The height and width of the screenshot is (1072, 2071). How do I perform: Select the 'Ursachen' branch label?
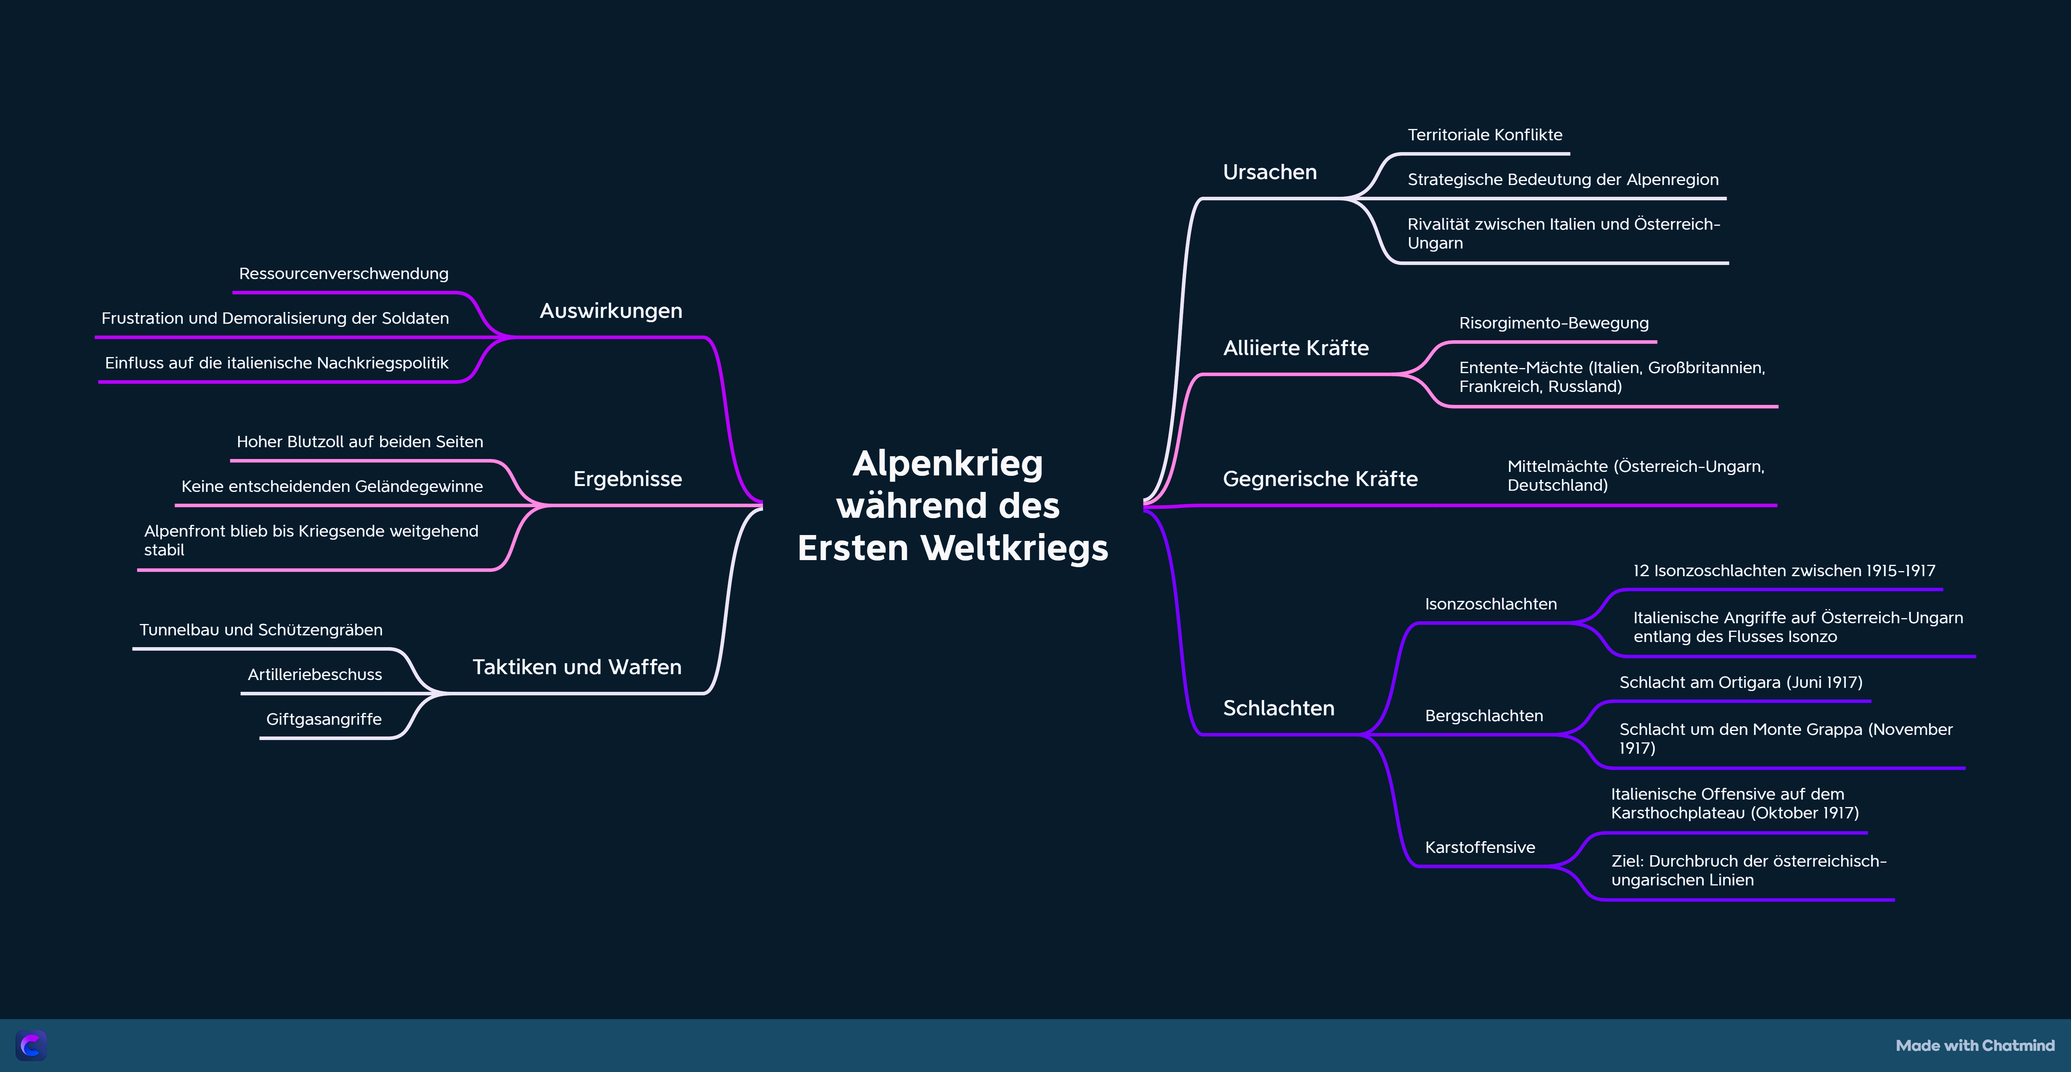tap(1269, 172)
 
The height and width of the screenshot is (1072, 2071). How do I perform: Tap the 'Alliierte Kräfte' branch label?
tap(1295, 348)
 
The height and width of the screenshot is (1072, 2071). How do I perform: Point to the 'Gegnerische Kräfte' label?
tap(1320, 479)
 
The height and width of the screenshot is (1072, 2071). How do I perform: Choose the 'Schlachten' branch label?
tap(1278, 708)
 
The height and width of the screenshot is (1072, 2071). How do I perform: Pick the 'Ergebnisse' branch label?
tap(627, 479)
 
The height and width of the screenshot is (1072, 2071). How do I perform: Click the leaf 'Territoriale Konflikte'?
tap(1484, 135)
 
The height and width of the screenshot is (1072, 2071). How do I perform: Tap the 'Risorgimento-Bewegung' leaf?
tap(1553, 323)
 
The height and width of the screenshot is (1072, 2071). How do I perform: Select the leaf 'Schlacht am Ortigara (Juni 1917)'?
tap(1740, 682)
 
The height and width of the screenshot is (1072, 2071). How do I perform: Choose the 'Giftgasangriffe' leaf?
tap(324, 719)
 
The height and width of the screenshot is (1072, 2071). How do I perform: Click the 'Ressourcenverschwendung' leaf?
tap(343, 274)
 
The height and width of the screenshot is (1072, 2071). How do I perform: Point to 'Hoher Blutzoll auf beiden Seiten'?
tap(359, 442)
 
